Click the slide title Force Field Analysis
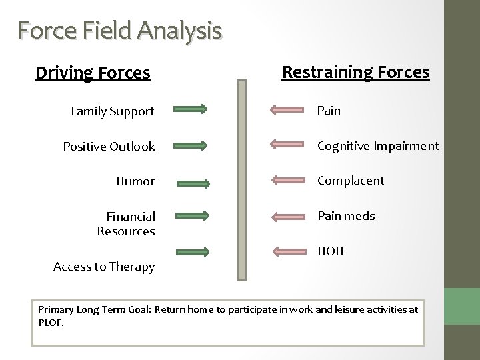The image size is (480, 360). [x=119, y=31]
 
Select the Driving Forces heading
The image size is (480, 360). [x=93, y=72]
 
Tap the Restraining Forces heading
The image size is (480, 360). [x=355, y=71]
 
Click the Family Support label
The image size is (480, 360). [x=113, y=111]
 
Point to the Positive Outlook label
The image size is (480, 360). [x=109, y=146]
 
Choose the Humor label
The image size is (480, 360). [x=135, y=181]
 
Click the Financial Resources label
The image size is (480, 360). [x=126, y=223]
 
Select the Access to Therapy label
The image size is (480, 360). [x=103, y=267]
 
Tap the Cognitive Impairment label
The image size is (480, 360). [x=377, y=145]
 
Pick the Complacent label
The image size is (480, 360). [x=351, y=181]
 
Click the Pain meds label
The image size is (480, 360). [x=346, y=216]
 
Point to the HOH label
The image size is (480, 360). [x=330, y=251]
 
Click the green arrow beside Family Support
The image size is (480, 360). [x=190, y=110]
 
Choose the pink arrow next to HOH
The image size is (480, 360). [x=289, y=251]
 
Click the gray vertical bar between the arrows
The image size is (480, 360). [x=241, y=180]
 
